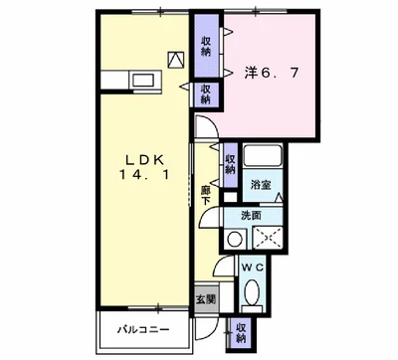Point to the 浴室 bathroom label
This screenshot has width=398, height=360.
coord(261,185)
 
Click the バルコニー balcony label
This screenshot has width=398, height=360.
coord(139,330)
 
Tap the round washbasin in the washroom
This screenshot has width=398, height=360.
coord(234,238)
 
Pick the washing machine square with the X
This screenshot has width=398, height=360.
coord(266,238)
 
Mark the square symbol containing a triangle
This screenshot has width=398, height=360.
coord(176,59)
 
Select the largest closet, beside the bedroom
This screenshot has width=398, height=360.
coord(206,46)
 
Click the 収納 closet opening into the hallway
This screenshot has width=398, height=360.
coord(230,159)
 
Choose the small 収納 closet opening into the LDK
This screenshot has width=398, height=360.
coord(206,94)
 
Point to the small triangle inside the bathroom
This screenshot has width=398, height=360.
coord(278,200)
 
